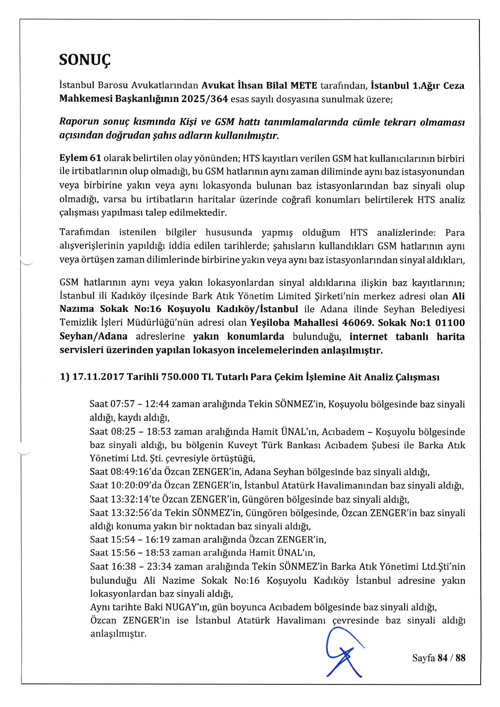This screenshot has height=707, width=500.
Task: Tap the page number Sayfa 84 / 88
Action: pyautogui.click(x=438, y=658)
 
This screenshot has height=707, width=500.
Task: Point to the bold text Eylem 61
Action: pyautogui.click(x=80, y=158)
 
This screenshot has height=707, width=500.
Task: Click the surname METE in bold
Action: pyautogui.click(x=303, y=86)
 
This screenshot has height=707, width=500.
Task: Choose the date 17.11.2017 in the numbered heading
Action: pyautogui.click(x=98, y=377)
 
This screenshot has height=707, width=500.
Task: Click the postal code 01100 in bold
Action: pyautogui.click(x=450, y=323)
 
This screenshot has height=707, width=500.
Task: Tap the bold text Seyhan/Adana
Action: pyautogui.click(x=92, y=337)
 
